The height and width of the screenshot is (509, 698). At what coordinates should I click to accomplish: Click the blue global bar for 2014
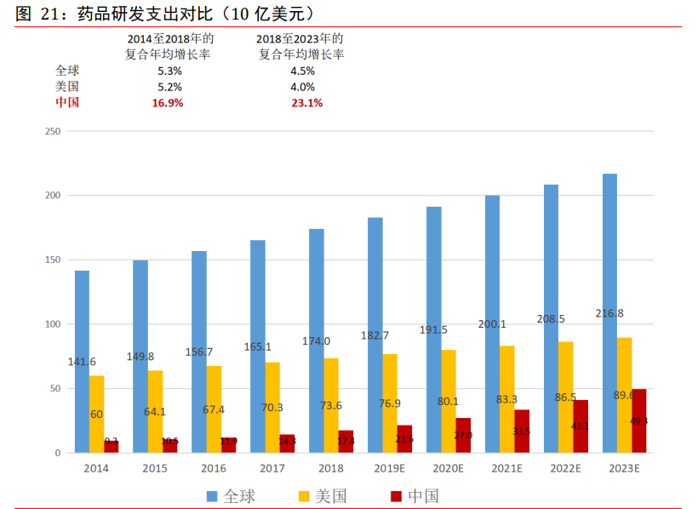[82, 362]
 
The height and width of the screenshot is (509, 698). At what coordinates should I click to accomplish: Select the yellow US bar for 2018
[331, 405]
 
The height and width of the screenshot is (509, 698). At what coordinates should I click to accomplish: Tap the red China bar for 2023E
[638, 420]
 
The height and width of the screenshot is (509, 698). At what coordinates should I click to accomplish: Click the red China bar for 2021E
[522, 432]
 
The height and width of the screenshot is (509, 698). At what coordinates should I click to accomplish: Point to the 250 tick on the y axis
[52, 131]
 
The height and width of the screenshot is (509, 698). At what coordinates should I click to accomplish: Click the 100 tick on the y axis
[52, 324]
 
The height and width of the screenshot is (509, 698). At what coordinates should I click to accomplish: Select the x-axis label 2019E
[389, 468]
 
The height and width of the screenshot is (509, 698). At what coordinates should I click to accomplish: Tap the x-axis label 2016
[213, 468]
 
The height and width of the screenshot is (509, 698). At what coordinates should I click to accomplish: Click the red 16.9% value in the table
[168, 103]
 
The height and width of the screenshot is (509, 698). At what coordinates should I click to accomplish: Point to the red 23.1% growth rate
[306, 103]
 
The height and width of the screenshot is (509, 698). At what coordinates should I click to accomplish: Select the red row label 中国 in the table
[67, 103]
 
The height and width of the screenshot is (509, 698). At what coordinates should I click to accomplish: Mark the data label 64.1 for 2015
[154, 410]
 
